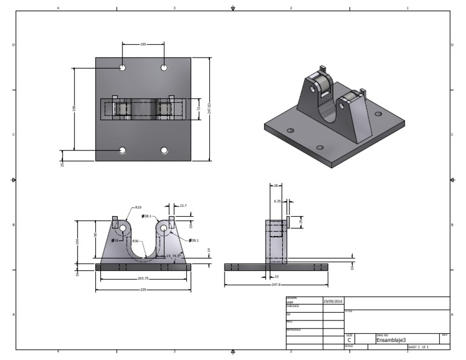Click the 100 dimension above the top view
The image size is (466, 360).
pyautogui.click(x=143, y=44)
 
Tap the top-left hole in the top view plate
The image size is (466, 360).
pyautogui.click(x=123, y=67)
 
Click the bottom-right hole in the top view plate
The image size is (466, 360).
pyautogui.click(x=164, y=150)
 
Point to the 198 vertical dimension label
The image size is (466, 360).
pyautogui.click(x=74, y=109)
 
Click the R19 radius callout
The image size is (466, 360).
pyautogui.click(x=138, y=207)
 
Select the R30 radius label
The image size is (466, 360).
pyautogui.click(x=136, y=241)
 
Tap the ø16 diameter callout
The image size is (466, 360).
pyautogui.click(x=115, y=240)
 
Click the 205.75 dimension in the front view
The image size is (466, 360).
pyautogui.click(x=143, y=279)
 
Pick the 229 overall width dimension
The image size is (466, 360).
pyautogui.click(x=143, y=290)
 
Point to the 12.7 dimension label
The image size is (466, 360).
pyautogui.click(x=183, y=205)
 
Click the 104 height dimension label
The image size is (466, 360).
pyautogui.click(x=77, y=242)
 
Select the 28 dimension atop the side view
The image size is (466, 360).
pyautogui.click(x=275, y=186)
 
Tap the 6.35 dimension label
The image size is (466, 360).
pyautogui.click(x=277, y=200)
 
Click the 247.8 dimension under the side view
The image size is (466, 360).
pyautogui.click(x=275, y=284)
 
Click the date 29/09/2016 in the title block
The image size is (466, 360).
pyautogui.click(x=333, y=301)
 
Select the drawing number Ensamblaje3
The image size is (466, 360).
pyautogui.click(x=391, y=341)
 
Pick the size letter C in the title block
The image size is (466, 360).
pyautogui.click(x=349, y=341)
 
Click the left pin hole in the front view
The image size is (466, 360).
pyautogui.click(x=123, y=228)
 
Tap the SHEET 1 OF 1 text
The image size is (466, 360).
pyautogui.click(x=418, y=347)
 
